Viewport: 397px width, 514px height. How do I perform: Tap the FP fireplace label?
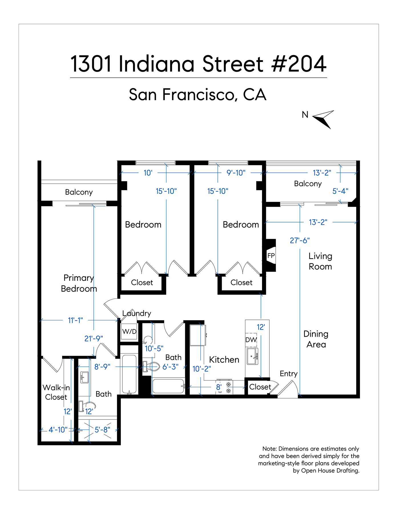tap(271, 256)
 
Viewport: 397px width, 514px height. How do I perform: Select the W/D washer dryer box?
tap(129, 331)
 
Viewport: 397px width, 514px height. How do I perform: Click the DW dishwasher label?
tap(251, 340)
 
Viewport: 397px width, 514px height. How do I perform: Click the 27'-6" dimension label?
tap(300, 240)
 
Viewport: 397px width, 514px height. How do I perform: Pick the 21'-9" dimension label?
tap(94, 338)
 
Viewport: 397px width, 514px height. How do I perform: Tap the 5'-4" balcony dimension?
tap(340, 191)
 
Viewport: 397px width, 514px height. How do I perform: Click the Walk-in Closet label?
tap(56, 392)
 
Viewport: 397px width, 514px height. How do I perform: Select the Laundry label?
tap(137, 314)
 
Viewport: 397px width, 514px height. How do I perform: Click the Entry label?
tap(289, 374)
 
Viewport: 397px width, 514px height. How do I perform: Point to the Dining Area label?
tap(316, 339)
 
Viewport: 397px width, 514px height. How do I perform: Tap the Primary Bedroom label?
tap(79, 283)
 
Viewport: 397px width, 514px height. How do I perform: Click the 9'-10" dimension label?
tap(236, 173)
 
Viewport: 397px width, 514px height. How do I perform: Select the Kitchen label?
tap(224, 360)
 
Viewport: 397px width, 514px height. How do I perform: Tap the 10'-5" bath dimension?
tap(154, 348)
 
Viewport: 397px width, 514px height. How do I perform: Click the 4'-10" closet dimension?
tap(58, 429)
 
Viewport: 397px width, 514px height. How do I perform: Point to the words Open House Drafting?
tap(330, 471)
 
